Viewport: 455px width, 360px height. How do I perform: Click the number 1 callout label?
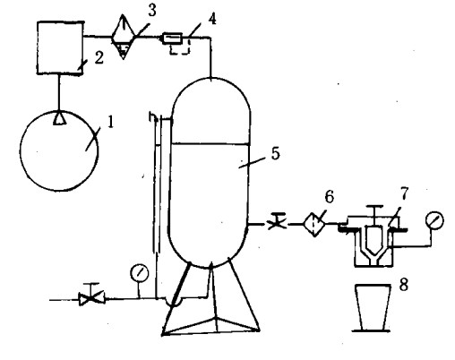(110, 123)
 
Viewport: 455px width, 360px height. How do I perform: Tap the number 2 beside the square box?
(99, 57)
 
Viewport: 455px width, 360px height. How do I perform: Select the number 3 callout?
(152, 11)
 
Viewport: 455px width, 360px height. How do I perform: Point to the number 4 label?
(212, 19)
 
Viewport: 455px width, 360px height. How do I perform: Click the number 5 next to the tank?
(276, 153)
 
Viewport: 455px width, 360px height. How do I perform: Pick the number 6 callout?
(329, 197)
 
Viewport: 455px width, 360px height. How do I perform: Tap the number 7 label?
(404, 193)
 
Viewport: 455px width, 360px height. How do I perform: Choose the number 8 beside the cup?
(404, 285)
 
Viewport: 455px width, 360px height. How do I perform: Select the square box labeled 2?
(60, 47)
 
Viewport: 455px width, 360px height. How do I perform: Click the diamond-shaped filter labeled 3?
(124, 38)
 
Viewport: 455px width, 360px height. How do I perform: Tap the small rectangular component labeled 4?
(172, 39)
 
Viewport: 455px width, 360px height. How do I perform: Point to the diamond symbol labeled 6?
(314, 224)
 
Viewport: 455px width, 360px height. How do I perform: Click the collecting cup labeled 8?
(373, 307)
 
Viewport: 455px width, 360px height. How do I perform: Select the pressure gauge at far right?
(434, 220)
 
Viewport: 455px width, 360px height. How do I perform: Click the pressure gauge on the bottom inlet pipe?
(140, 273)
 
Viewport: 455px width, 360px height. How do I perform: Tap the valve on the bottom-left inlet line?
(91, 298)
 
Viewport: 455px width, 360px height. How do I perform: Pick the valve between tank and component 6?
(278, 222)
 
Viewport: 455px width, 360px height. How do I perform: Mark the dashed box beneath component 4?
(180, 48)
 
